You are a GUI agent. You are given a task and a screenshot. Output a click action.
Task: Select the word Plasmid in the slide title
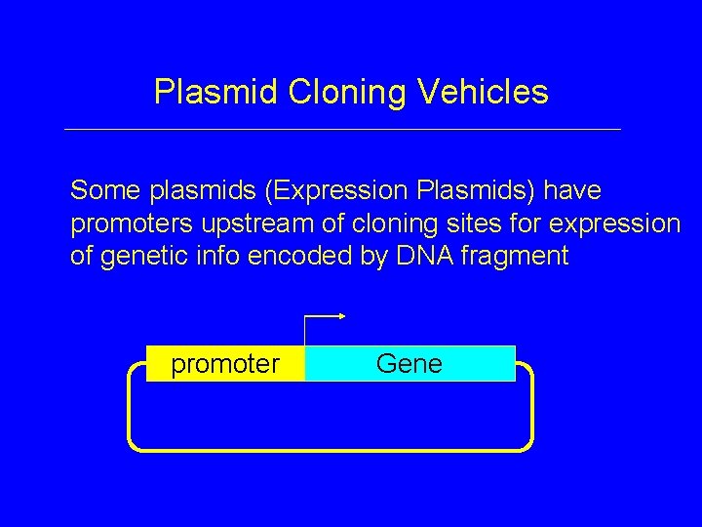click(216, 93)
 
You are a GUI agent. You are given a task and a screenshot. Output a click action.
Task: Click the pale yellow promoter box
click(225, 364)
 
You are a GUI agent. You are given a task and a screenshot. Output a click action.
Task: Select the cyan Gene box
click(409, 364)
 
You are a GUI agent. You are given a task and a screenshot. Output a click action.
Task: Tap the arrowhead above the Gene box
click(342, 316)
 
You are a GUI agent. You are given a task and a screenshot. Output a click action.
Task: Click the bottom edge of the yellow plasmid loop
click(331, 449)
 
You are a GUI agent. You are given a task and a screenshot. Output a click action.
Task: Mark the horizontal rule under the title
click(341, 129)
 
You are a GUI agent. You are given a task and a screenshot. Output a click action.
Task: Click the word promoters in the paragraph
click(133, 224)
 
